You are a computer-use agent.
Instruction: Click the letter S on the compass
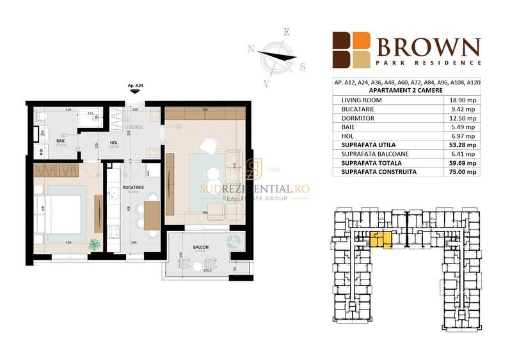(303, 66)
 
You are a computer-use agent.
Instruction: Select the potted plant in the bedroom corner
(93, 244)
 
